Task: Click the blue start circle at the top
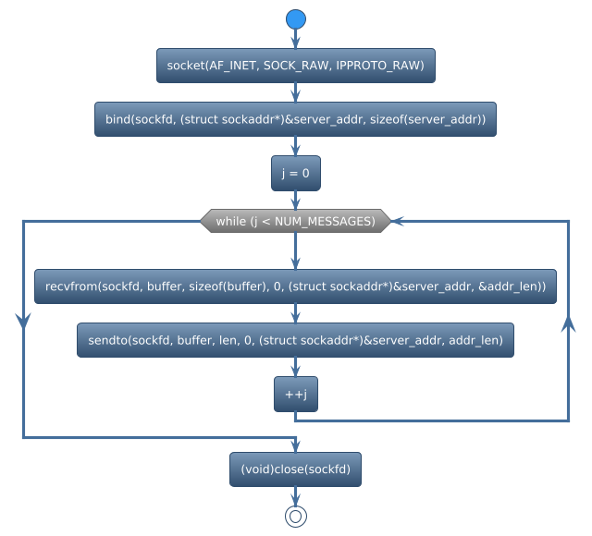[295, 19]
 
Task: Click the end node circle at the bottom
[295, 516]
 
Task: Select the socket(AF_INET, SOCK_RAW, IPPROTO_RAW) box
[295, 66]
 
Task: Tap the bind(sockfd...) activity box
[295, 119]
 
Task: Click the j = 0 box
[295, 173]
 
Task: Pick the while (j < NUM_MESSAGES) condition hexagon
[295, 221]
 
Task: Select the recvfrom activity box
[295, 287]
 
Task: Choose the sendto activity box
[295, 341]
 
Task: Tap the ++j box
[295, 395]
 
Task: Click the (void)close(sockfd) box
[295, 469]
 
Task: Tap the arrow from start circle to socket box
[295, 39]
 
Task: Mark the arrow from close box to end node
[295, 495]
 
